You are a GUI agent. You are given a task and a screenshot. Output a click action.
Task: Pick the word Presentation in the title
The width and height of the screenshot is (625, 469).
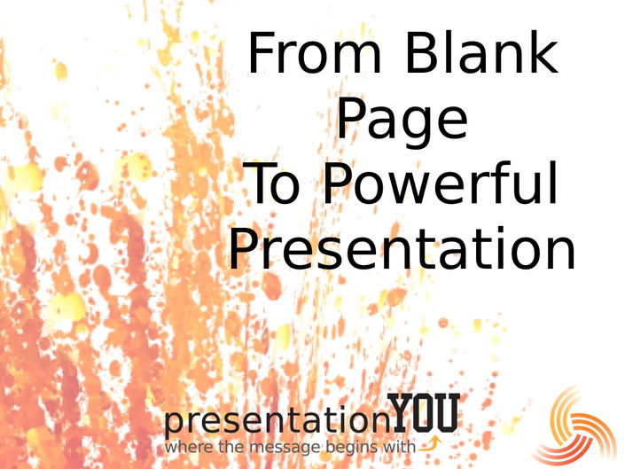click(402, 248)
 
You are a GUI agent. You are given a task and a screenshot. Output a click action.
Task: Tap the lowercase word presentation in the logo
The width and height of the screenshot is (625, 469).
click(277, 419)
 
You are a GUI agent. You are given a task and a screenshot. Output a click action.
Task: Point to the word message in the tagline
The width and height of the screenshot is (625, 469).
click(285, 448)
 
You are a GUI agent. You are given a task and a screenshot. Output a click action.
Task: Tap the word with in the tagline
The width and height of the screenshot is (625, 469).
click(400, 446)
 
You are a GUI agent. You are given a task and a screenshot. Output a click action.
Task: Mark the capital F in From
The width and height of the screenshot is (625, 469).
click(261, 53)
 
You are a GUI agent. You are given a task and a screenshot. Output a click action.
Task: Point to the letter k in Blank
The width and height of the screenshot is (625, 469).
click(544, 52)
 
